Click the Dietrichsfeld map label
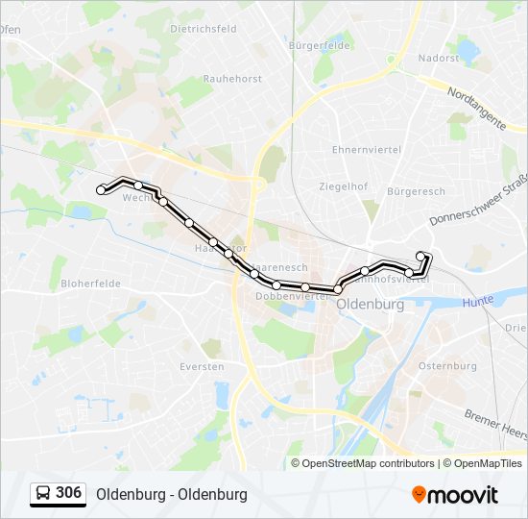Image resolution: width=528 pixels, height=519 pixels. coord(203,29)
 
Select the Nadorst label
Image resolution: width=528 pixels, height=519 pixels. coord(438,58)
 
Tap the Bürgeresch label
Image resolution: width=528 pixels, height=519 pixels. coord(416,191)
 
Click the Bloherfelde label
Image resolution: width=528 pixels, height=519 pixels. coord(90,284)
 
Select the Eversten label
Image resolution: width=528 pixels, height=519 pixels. coord(202,367)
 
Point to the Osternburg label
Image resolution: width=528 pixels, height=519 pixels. coord(447,366)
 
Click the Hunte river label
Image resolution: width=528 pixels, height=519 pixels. coord(477,301)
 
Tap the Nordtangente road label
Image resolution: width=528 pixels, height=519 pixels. coord(477,109)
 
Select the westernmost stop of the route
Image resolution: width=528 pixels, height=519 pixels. coord(101,190)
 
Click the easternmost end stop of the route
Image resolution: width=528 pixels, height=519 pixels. coord(420,255)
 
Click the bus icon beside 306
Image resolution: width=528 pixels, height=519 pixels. coord(43,493)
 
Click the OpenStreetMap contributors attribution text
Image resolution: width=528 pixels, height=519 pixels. coord(367,463)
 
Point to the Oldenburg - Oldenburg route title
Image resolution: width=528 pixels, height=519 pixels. coord(172,494)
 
